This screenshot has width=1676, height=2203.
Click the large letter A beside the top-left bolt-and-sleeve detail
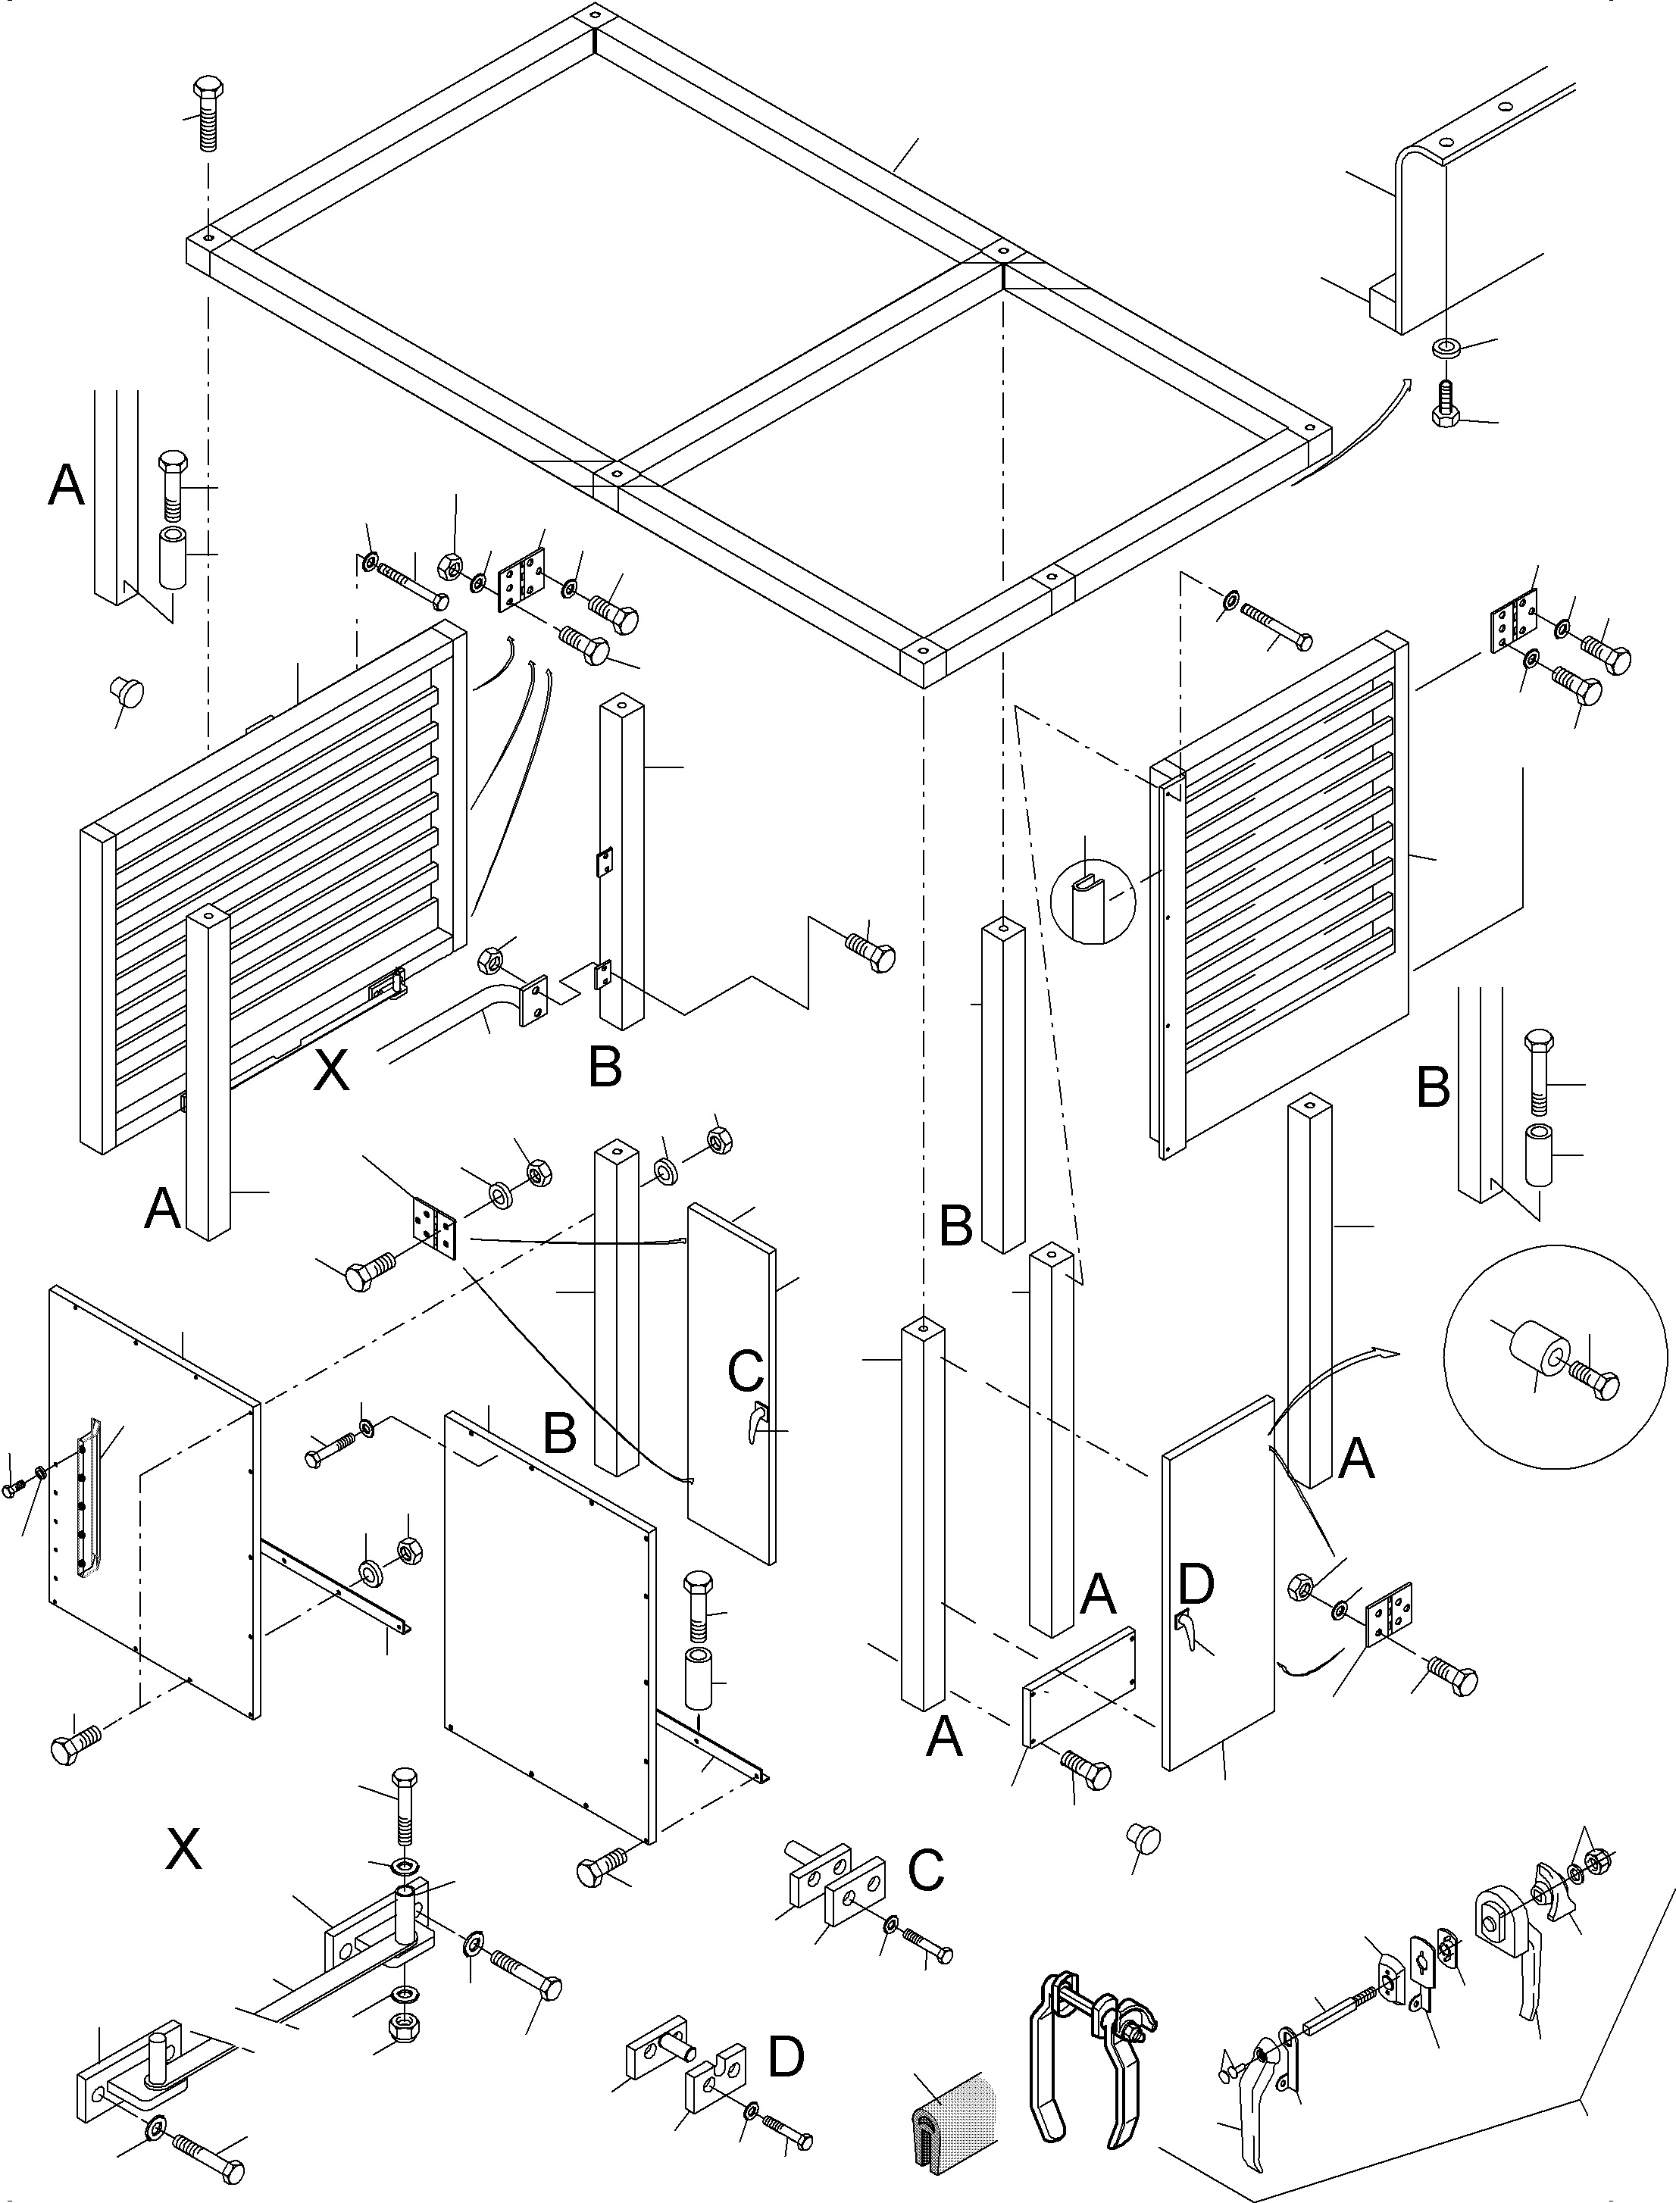[x=67, y=486]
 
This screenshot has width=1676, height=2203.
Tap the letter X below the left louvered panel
[x=331, y=1073]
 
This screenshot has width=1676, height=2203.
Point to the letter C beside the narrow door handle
[x=746, y=1372]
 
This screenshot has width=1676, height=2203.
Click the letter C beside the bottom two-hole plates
[x=926, y=1872]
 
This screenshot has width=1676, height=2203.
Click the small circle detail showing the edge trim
[x=1094, y=899]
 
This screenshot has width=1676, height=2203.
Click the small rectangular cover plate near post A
[x=1080, y=1686]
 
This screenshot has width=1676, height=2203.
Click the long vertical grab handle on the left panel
[x=89, y=1497]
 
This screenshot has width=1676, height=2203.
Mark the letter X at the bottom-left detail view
[x=183, y=1851]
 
